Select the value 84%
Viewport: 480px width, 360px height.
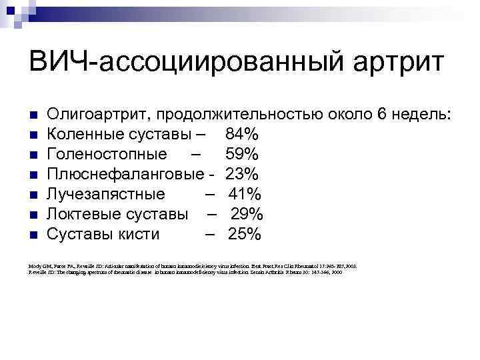click(x=243, y=135)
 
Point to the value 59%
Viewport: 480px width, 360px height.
click(x=243, y=155)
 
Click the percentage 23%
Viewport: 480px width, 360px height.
click(x=242, y=175)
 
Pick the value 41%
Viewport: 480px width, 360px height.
click(x=245, y=195)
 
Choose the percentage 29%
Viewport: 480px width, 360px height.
click(x=248, y=215)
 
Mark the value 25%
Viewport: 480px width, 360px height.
click(x=245, y=235)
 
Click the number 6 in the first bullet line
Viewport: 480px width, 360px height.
click(x=382, y=115)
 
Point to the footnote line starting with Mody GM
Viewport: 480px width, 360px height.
click(x=193, y=266)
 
